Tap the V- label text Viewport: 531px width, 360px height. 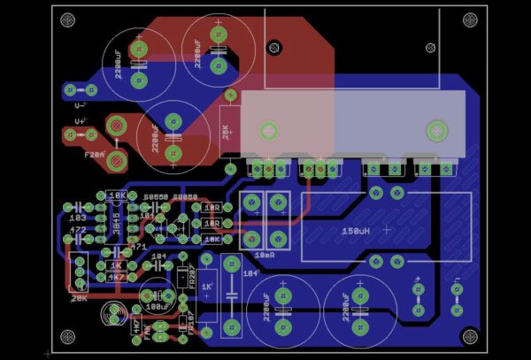[81, 104]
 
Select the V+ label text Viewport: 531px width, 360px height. [81, 120]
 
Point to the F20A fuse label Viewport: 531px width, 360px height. [95, 154]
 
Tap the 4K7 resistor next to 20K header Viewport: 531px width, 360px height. [116, 277]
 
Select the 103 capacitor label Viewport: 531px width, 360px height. [77, 217]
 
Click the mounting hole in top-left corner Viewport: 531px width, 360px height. [68, 19]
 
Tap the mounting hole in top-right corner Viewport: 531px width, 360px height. [469, 19]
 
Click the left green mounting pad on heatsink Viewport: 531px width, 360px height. [267, 131]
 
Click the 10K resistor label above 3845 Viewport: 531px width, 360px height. [116, 195]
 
